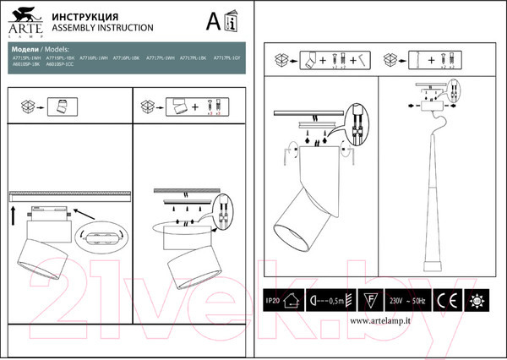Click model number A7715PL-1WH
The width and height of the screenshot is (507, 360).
(x=28, y=57)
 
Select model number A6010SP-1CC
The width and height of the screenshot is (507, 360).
(x=62, y=64)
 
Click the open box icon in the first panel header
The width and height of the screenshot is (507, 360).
(x=30, y=106)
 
